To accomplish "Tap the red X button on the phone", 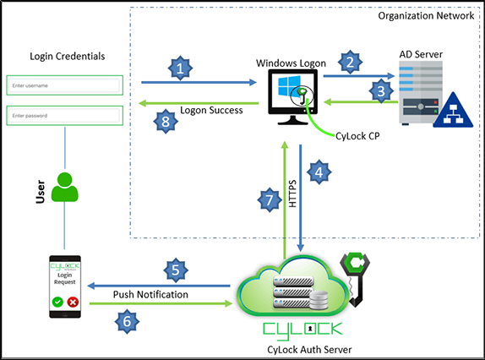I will click(x=72, y=302).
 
